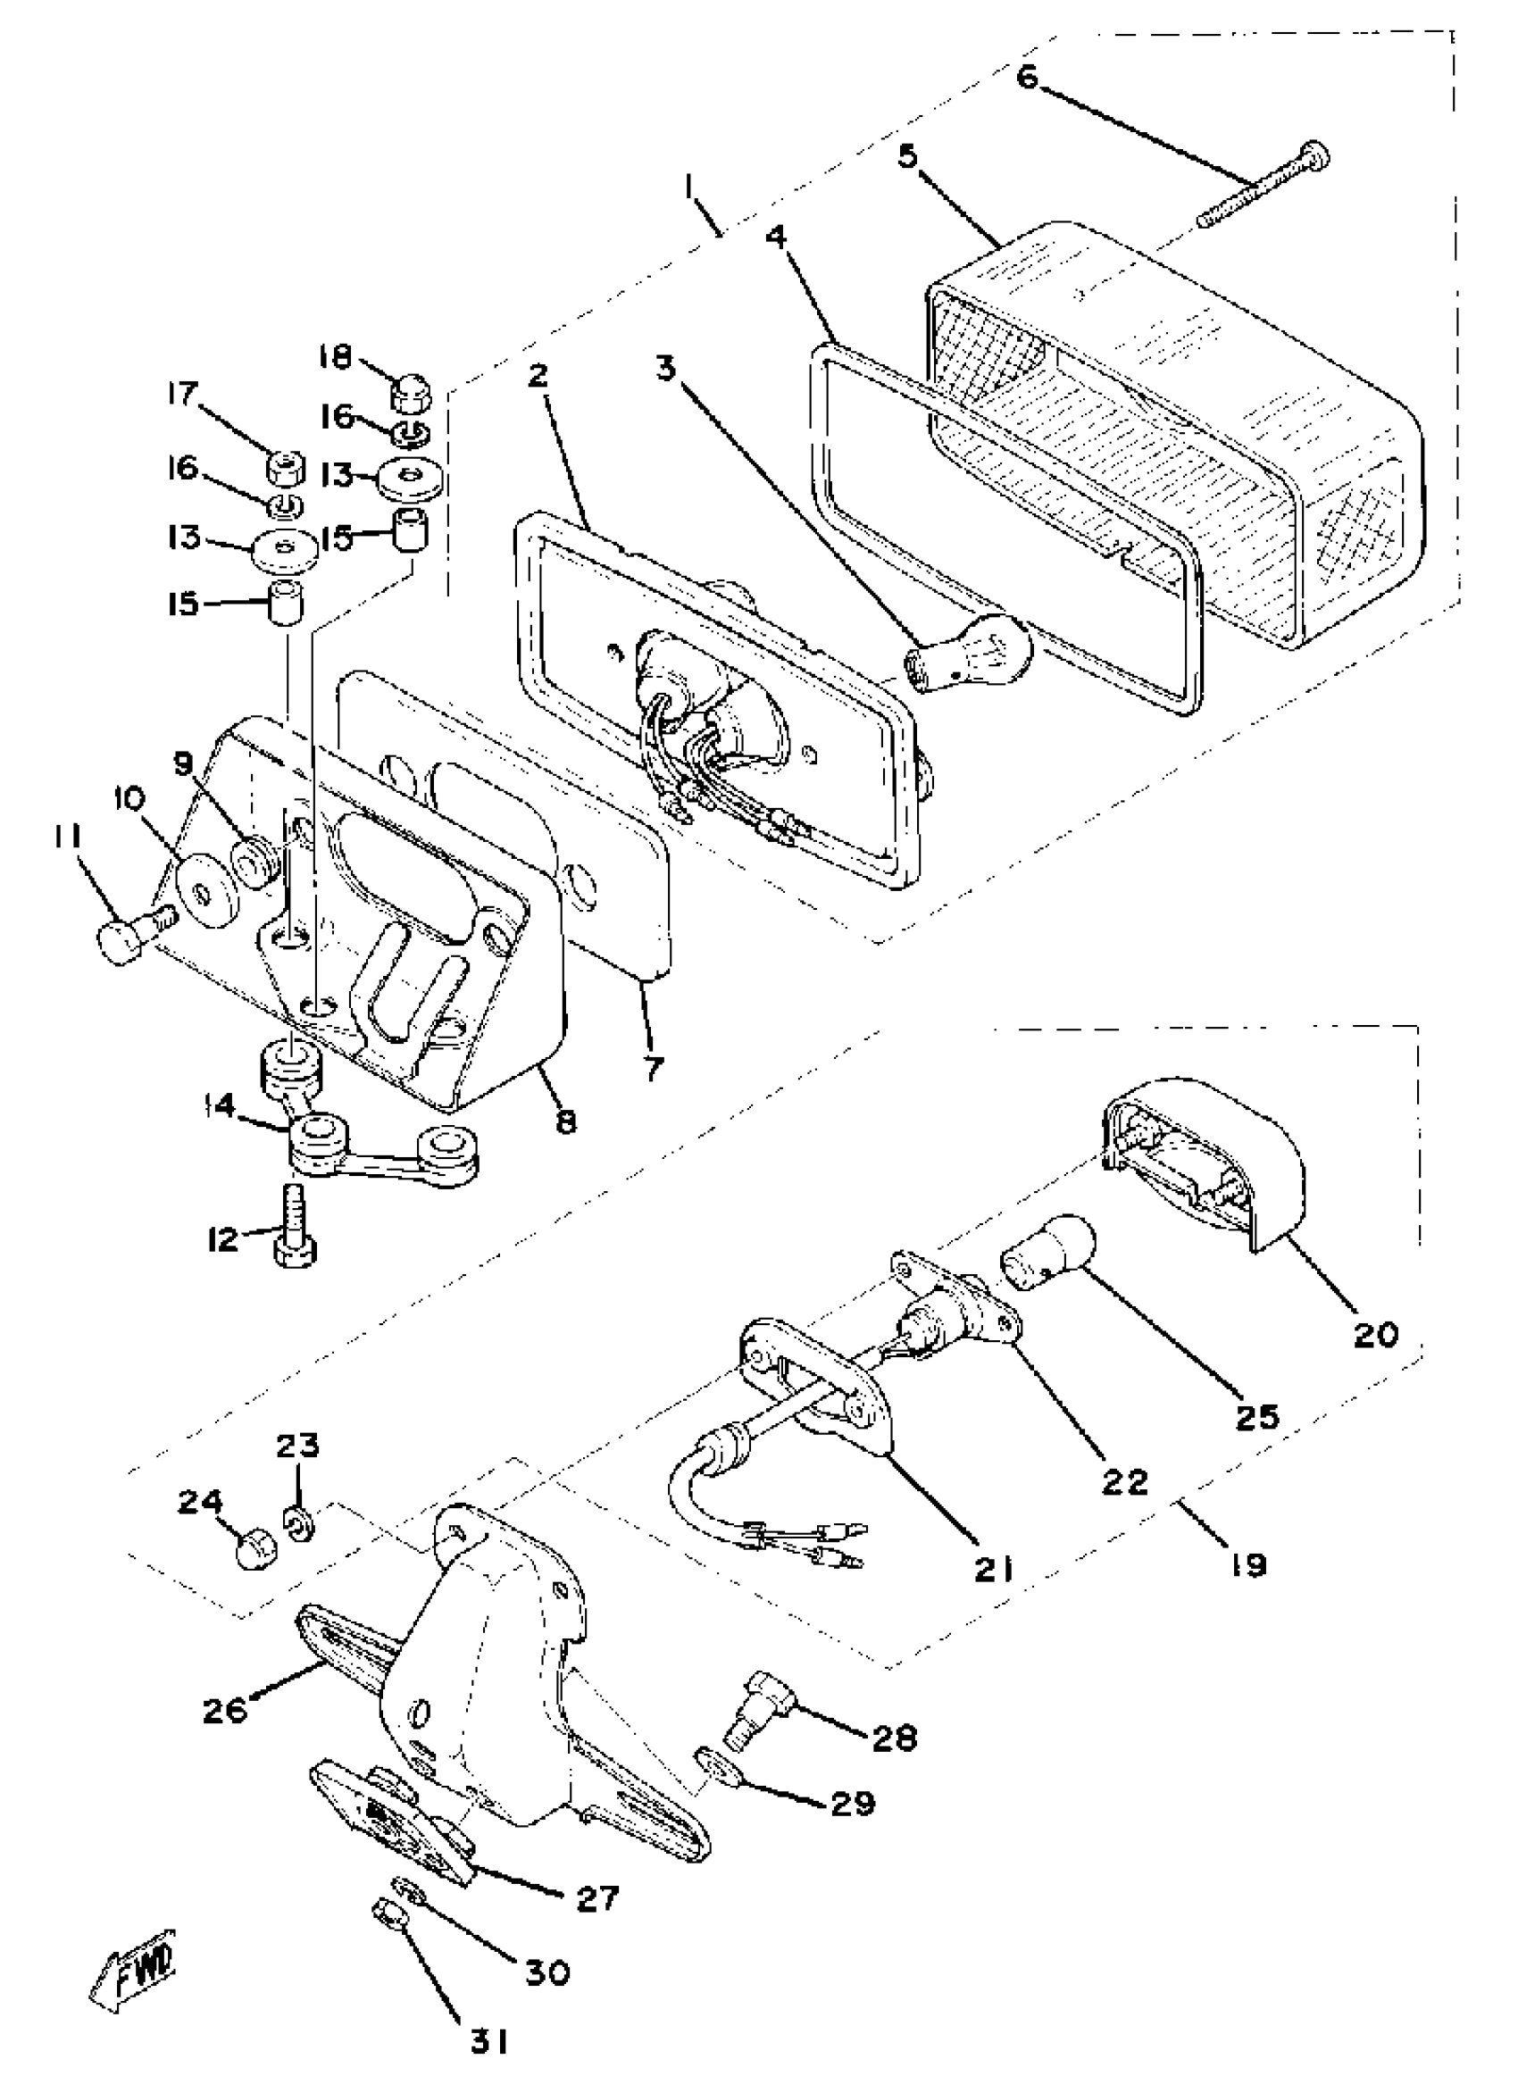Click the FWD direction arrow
click(x=135, y=1982)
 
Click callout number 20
click(x=1375, y=1334)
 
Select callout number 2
click(x=538, y=376)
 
